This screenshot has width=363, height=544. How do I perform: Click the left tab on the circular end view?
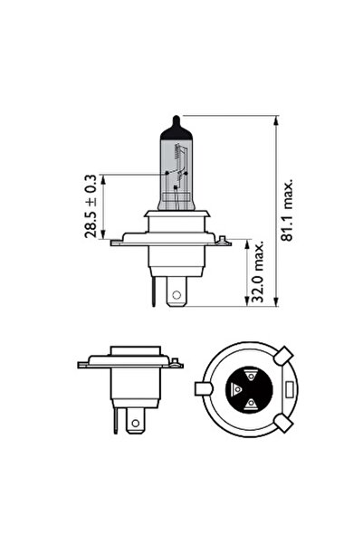205,390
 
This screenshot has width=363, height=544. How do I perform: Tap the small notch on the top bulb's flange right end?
217,237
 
